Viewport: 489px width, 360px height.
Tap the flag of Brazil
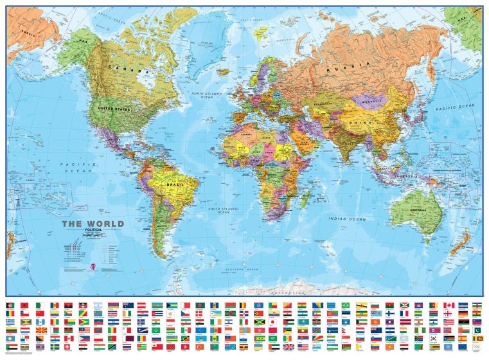pyautogui.click(x=346, y=305)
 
